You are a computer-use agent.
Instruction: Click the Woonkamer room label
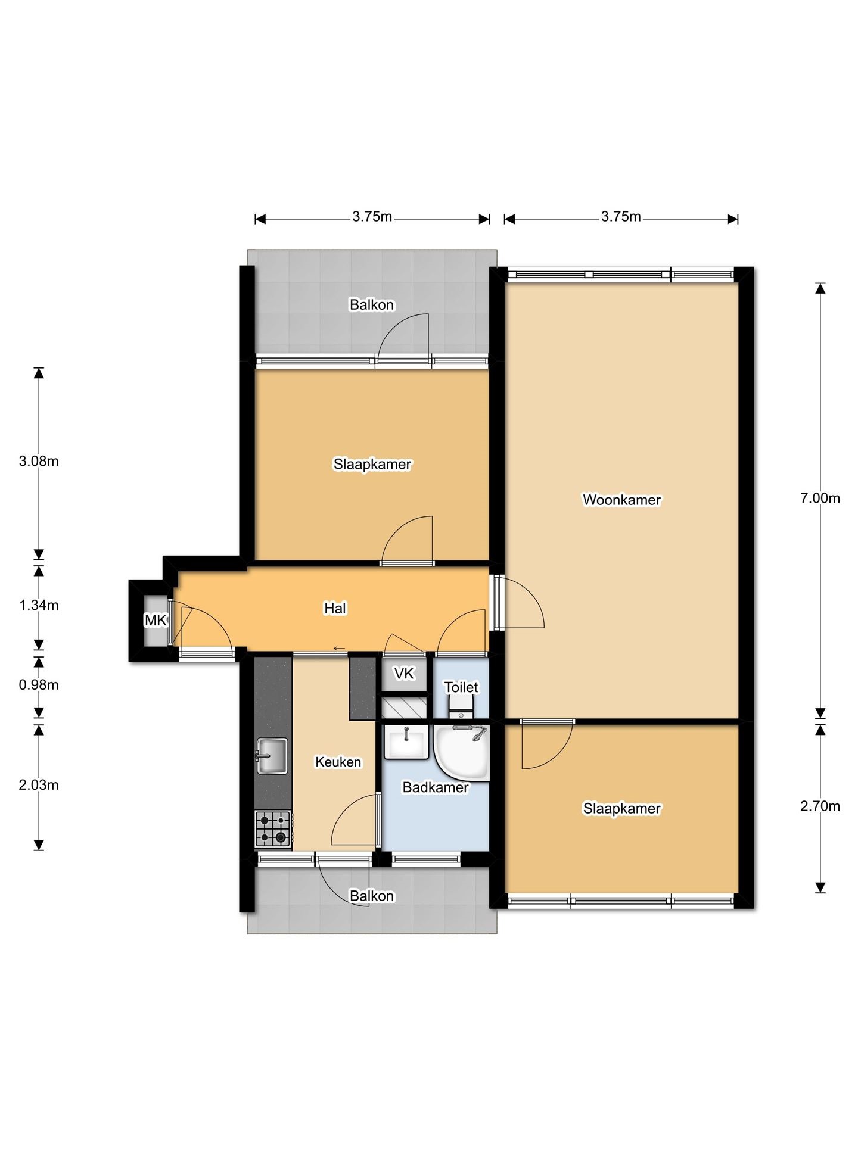point(621,500)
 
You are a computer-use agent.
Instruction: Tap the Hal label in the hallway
point(335,608)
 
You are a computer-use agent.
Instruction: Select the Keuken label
point(338,762)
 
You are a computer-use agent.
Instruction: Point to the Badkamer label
point(436,787)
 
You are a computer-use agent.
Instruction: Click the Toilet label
point(461,687)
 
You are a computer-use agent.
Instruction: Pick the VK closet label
point(404,674)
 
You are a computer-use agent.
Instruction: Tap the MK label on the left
point(156,621)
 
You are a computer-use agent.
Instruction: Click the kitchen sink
point(272,756)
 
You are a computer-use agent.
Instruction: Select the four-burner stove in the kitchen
point(273,828)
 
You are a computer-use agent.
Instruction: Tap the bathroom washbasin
point(406,742)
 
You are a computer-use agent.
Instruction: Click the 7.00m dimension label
point(820,499)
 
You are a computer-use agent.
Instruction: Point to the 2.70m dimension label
point(820,806)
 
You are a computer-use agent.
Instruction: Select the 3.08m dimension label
point(39,461)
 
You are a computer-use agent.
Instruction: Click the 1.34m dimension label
point(39,606)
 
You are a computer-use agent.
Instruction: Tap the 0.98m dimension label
point(39,685)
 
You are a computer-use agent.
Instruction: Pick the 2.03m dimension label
point(39,785)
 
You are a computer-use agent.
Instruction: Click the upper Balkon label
point(372,305)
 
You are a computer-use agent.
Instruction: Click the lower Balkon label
point(372,896)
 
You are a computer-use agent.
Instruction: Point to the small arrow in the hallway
point(339,649)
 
